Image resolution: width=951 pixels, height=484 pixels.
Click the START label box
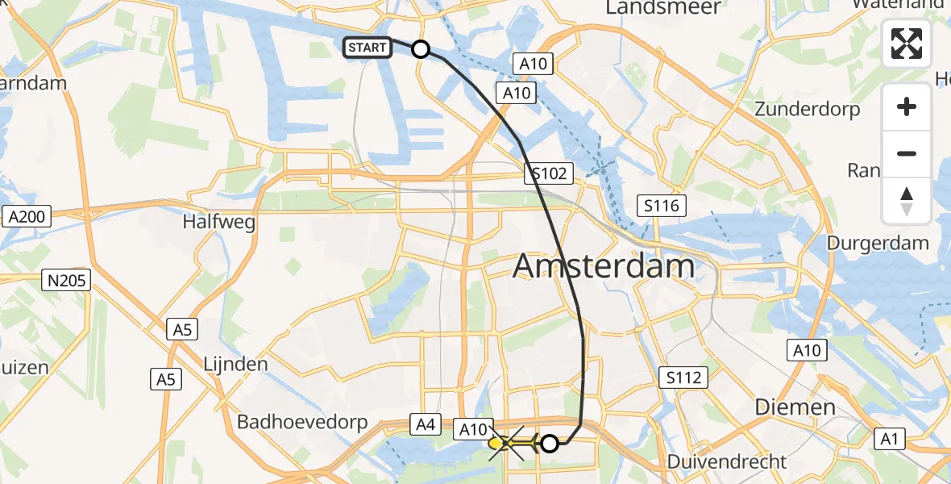point(368,48)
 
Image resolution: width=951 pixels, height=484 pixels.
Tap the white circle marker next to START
point(421,50)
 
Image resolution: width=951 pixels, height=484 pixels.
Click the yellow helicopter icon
point(504,443)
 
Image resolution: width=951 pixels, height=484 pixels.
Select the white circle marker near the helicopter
point(550,443)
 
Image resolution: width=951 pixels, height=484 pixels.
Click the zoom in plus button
point(907,106)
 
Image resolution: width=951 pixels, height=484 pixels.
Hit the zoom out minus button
point(907,153)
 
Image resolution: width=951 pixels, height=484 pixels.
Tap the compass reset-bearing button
point(907,200)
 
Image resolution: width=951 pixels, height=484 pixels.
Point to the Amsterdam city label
point(604,265)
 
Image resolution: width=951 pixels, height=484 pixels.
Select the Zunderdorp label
point(807,109)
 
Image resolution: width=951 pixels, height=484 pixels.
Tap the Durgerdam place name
point(888,243)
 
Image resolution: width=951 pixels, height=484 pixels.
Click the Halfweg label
point(220,221)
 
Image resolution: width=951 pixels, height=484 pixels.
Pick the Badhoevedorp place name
point(302,422)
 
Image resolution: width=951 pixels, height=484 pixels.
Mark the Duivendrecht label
point(727,462)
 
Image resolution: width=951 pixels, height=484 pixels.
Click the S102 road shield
point(551,173)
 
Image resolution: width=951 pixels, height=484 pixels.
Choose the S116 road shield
point(662,206)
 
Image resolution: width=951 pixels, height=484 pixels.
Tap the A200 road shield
point(27,216)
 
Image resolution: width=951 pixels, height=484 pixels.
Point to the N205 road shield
point(68,281)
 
